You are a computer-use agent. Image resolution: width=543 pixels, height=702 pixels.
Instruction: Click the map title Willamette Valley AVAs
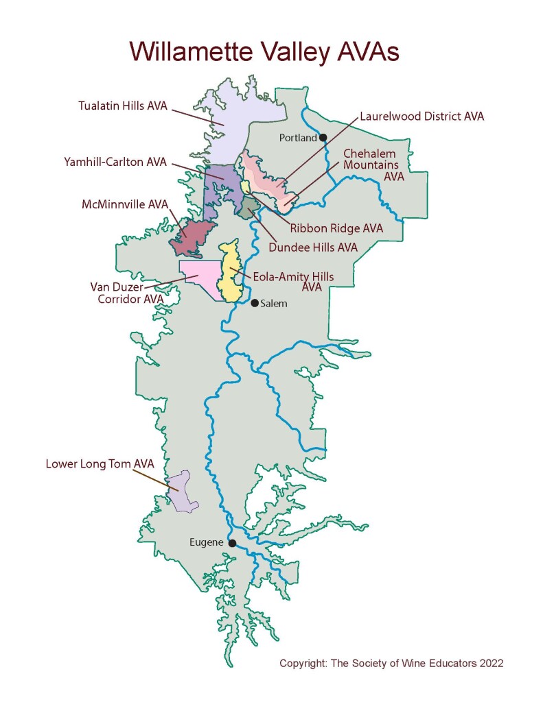pyautogui.click(x=264, y=51)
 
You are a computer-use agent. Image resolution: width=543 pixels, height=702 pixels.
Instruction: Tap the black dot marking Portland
pyautogui.click(x=323, y=137)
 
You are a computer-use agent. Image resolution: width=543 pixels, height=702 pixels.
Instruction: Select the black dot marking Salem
pyautogui.click(x=254, y=303)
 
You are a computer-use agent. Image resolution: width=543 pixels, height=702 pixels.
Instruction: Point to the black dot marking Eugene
pyautogui.click(x=232, y=543)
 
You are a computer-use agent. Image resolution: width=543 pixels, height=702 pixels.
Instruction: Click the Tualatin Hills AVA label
pyautogui.click(x=122, y=106)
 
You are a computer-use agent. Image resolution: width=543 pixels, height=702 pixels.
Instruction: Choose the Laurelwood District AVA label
pyautogui.click(x=421, y=117)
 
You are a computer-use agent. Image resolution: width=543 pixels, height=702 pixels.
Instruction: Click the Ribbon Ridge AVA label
pyautogui.click(x=336, y=228)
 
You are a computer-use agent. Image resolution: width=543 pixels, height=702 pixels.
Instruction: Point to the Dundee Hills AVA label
pyautogui.click(x=314, y=247)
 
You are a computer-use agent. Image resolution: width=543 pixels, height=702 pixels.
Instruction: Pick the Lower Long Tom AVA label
pyautogui.click(x=100, y=464)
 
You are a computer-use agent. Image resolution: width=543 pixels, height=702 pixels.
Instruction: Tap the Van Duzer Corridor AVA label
pyautogui.click(x=127, y=293)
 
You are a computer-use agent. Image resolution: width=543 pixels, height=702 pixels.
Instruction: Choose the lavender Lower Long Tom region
pyautogui.click(x=183, y=492)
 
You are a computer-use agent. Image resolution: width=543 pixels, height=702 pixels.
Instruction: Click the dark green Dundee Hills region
pyautogui.click(x=246, y=206)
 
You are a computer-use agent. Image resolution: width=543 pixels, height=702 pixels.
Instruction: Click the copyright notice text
pyautogui.click(x=391, y=664)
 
